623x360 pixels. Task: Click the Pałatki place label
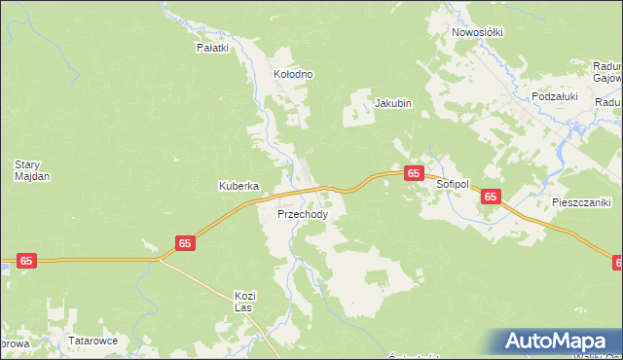coord(212,47)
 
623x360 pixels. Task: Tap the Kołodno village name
coord(293,74)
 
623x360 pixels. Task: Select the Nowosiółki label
coord(477,32)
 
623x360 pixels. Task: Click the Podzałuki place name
coord(555,96)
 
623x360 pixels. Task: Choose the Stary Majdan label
coord(31,170)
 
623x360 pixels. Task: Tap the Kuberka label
coord(238,185)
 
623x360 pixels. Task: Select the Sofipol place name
coord(453,184)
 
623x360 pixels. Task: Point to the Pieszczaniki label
coord(580,203)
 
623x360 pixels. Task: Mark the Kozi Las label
coord(243,301)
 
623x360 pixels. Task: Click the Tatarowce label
coord(92,342)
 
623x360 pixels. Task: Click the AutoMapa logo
coord(560,342)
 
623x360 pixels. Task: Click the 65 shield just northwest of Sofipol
coord(414,173)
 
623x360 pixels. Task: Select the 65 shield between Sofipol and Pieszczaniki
coord(491,197)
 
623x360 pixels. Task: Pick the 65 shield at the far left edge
coord(26,261)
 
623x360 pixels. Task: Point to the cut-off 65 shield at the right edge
coord(618,263)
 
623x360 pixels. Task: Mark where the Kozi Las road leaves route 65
coord(161,259)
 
